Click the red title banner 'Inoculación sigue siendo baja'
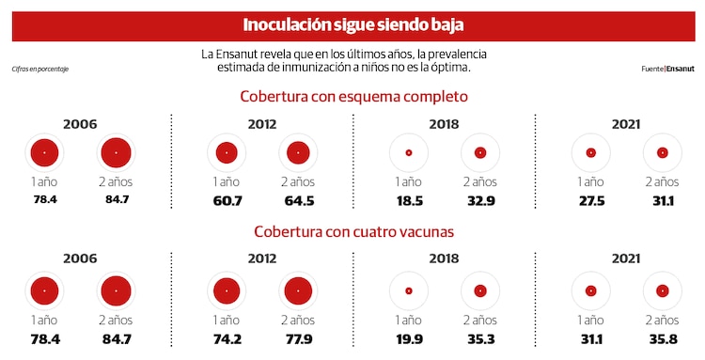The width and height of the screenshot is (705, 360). tap(352, 24)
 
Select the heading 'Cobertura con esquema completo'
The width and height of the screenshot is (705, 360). tap(353, 96)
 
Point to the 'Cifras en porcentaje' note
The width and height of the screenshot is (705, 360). tap(40, 69)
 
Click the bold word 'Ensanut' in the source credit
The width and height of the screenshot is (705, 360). tap(681, 69)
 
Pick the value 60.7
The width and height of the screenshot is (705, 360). tap(226, 200)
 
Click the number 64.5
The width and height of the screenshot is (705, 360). tap(298, 200)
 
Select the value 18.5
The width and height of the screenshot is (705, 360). tap(408, 200)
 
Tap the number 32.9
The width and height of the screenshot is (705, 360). tap(480, 200)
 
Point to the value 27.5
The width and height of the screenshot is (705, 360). tap(590, 200)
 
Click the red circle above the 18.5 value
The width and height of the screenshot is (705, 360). tap(408, 152)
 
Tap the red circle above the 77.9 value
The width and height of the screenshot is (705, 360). tap(298, 290)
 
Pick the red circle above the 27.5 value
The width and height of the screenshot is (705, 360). tap(590, 152)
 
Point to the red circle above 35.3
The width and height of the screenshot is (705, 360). tap(480, 290)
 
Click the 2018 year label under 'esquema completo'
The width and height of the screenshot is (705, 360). tap(444, 123)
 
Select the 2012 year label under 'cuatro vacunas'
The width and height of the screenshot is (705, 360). tap(262, 258)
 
